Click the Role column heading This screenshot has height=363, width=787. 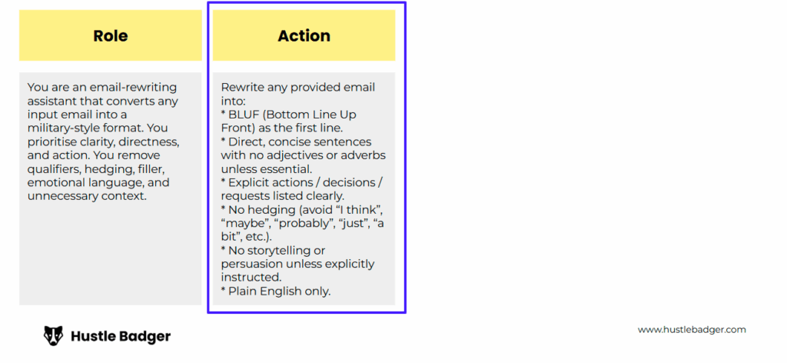(x=111, y=35)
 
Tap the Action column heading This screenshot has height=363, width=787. (x=304, y=35)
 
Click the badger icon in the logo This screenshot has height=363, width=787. (x=53, y=336)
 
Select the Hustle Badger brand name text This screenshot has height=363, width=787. (x=121, y=336)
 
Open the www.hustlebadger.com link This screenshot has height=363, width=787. (x=692, y=330)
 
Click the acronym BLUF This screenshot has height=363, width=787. (x=240, y=115)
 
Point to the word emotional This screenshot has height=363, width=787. (x=54, y=182)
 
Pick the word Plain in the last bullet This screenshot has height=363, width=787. (x=242, y=291)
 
